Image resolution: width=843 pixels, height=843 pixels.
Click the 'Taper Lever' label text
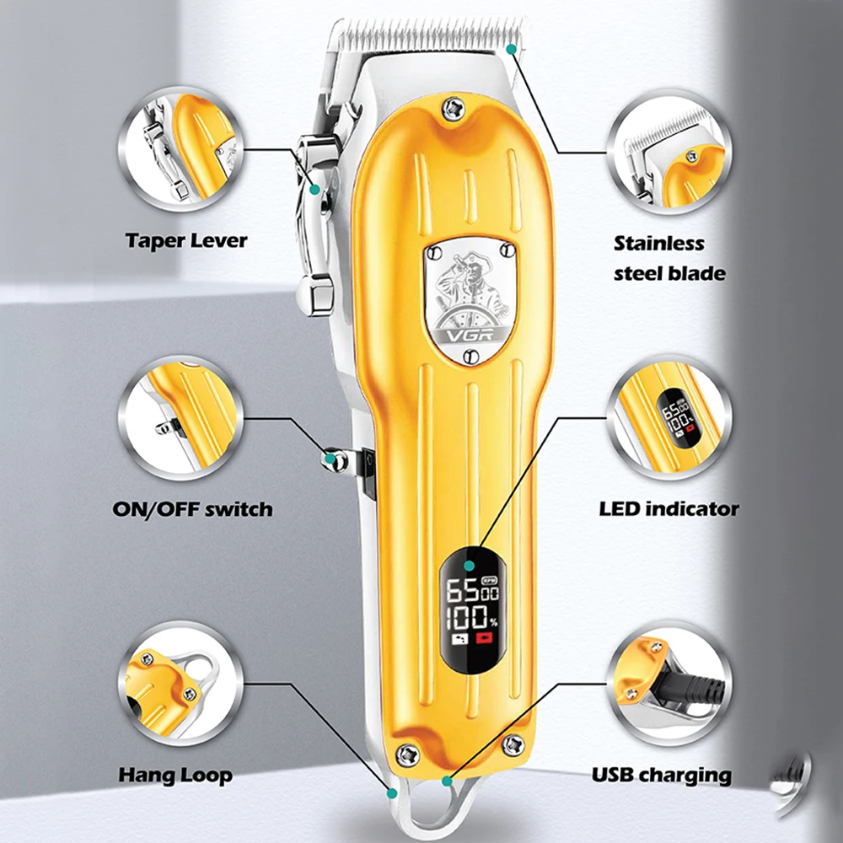point(186,240)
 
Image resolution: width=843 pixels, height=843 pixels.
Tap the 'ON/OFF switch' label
point(192,509)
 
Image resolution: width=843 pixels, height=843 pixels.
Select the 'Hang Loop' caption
point(175,775)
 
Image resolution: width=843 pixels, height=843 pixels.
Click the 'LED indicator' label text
point(668,508)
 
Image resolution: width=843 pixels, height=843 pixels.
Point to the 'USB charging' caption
point(661,775)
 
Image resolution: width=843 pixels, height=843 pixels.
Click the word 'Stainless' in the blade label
point(658,244)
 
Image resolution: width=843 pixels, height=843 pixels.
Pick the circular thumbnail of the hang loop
point(180,684)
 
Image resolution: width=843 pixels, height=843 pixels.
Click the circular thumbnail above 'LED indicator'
point(668,418)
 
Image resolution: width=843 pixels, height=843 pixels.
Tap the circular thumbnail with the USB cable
point(668,684)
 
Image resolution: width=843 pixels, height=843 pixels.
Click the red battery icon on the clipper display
point(486,639)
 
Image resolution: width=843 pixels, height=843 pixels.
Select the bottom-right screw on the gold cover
point(512,744)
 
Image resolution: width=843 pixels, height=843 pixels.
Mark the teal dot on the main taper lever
point(314,190)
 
